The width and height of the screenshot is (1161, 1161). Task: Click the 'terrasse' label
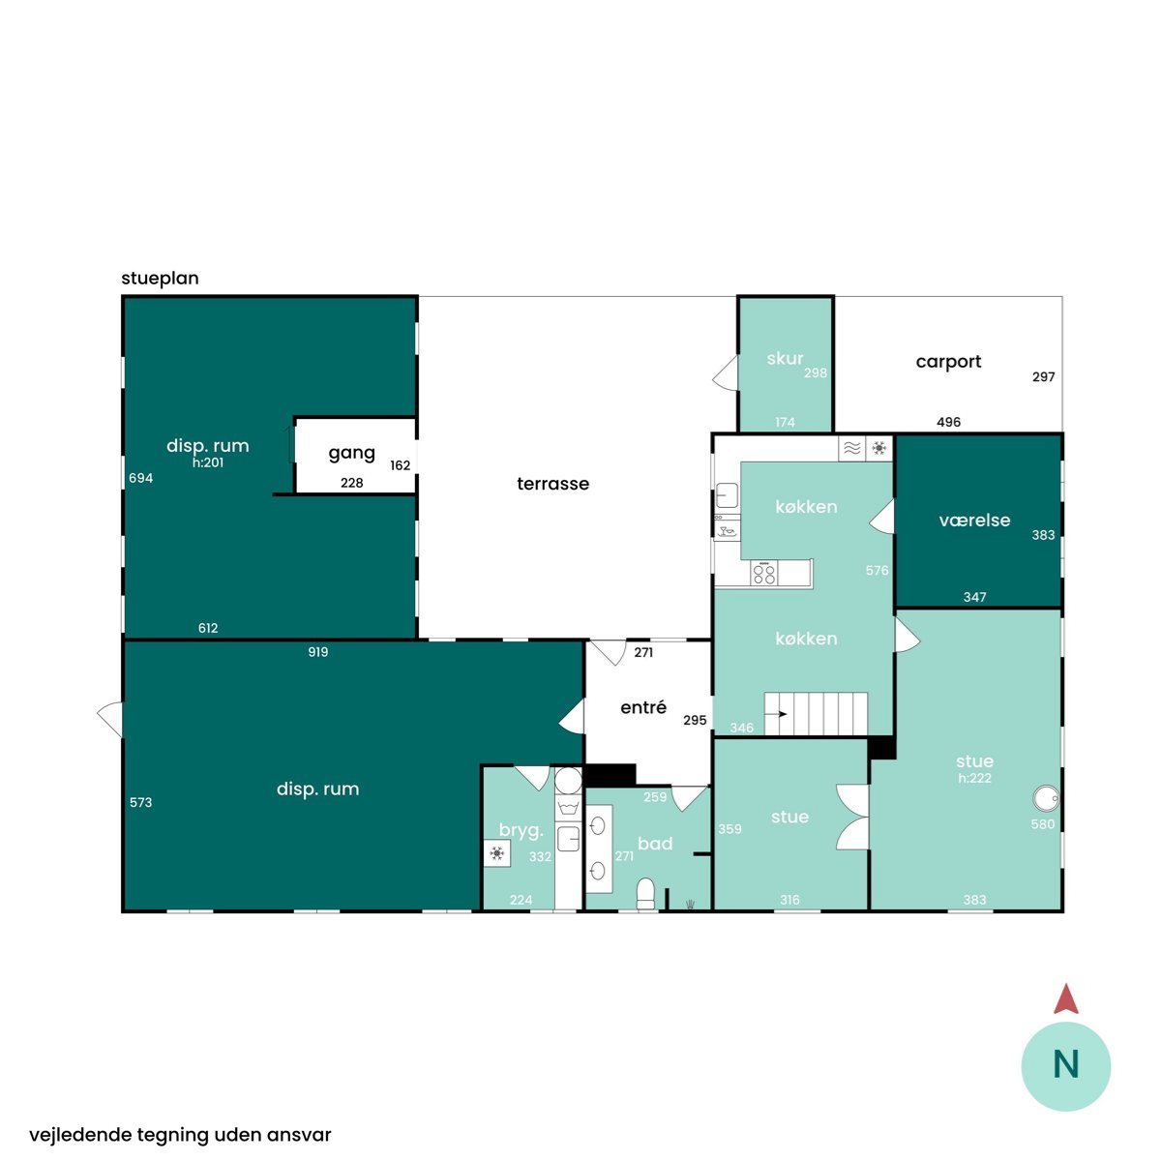point(552,484)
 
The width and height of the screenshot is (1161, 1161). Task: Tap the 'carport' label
point(948,362)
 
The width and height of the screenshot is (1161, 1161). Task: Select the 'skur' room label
point(785,359)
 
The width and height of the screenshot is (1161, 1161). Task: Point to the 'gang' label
point(352,454)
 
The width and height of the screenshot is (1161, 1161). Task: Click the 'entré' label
point(643,706)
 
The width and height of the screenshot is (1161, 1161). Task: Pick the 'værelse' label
point(974,520)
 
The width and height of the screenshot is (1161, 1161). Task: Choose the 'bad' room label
point(655,844)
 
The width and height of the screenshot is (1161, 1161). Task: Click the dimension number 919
point(318,652)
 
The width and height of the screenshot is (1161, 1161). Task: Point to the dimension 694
point(141,478)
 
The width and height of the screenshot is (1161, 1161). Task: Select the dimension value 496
point(948,423)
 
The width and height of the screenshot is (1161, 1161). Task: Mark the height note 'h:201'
point(208,462)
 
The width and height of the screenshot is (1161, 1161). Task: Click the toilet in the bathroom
point(645,894)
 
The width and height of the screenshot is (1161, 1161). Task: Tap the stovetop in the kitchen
point(764,573)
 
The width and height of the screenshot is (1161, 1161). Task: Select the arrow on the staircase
point(776,714)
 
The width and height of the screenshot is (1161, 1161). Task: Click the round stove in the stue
point(1046,799)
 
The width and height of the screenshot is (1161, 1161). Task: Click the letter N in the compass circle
point(1066,1064)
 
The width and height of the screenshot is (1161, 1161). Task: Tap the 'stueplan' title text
point(160,279)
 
